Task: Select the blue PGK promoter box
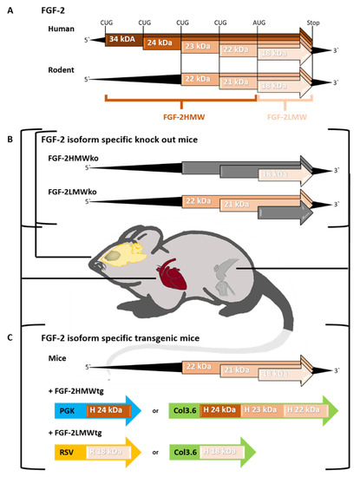(x=68, y=408)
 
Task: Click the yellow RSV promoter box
(x=68, y=452)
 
